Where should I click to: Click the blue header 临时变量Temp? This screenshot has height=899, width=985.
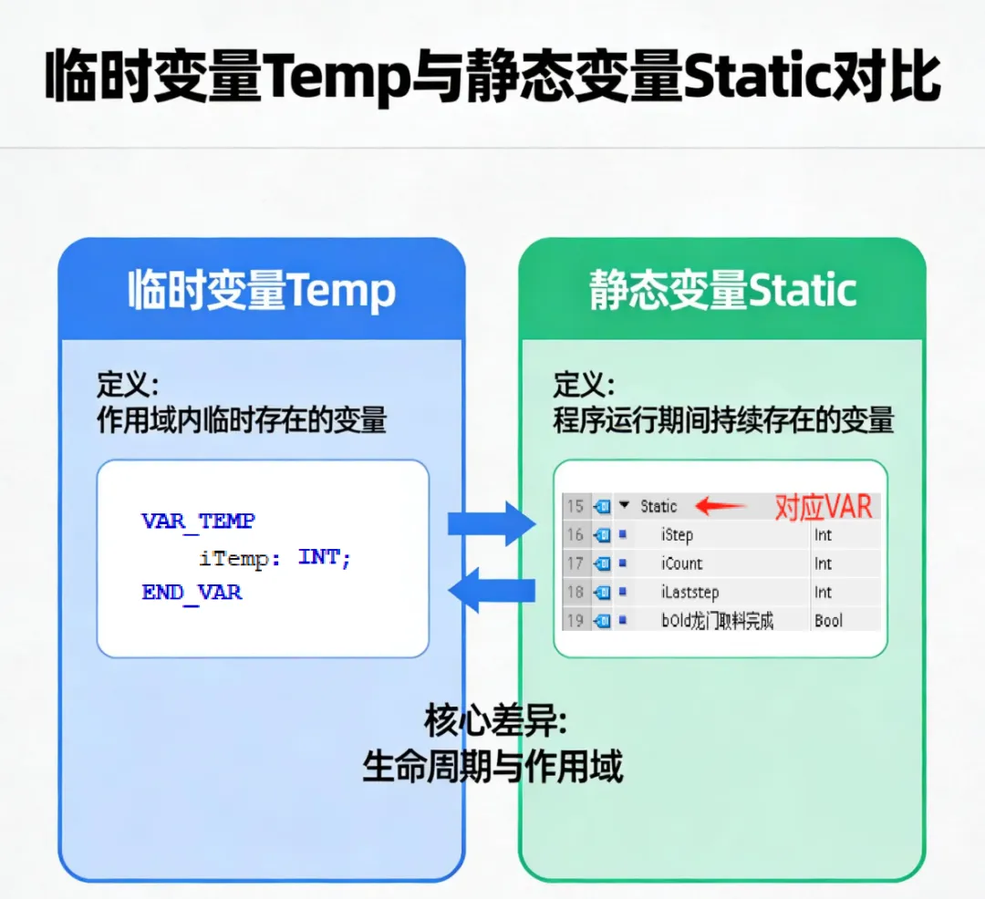(262, 291)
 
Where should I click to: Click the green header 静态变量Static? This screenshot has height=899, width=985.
(722, 291)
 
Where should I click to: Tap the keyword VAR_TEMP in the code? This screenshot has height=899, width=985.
(198, 522)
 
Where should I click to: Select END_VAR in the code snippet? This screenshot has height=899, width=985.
(192, 592)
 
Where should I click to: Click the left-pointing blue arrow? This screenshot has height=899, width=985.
(493, 591)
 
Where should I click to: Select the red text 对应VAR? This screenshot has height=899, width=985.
(824, 506)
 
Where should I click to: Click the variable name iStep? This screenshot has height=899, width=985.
(678, 535)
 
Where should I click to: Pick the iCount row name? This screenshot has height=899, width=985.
(682, 563)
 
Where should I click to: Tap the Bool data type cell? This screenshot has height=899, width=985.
(828, 621)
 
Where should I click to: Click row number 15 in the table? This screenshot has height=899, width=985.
(575, 506)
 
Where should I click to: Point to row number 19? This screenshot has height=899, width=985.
(575, 621)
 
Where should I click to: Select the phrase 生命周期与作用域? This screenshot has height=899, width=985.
(493, 766)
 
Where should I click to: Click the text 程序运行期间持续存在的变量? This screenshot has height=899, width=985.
(722, 421)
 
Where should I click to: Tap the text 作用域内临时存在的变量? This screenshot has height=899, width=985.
(242, 420)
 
